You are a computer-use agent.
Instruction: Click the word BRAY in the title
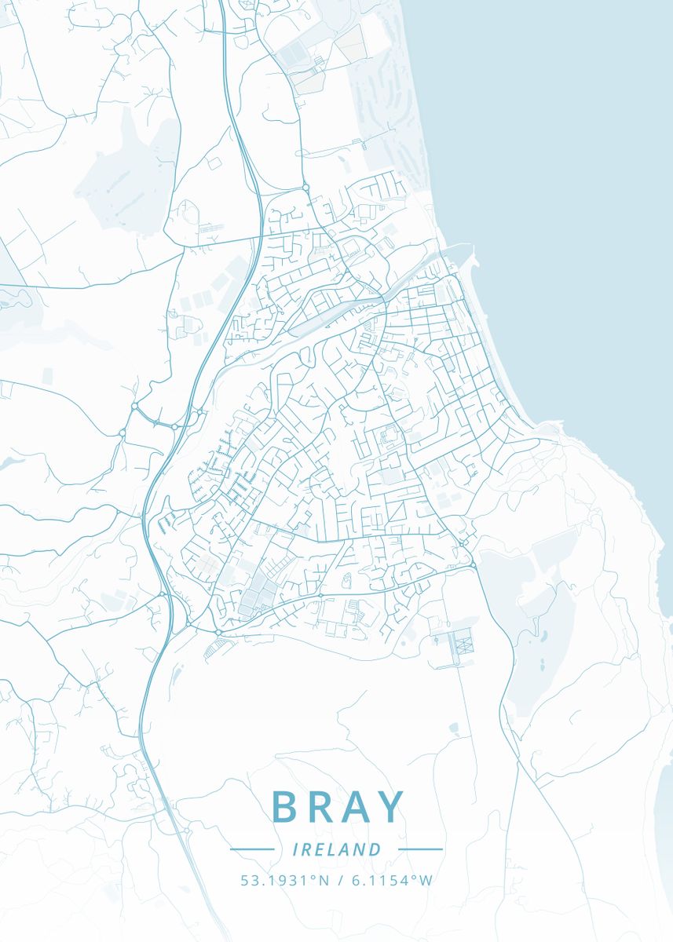(x=338, y=807)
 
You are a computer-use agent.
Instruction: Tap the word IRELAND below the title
(x=336, y=849)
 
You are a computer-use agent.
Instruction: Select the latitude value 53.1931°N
(x=285, y=880)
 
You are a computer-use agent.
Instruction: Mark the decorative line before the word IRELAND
(x=251, y=849)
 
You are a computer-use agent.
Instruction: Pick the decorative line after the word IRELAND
(x=421, y=849)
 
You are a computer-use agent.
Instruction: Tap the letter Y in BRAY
(x=390, y=807)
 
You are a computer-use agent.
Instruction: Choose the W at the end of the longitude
(x=426, y=880)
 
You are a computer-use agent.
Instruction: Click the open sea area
(x=565, y=196)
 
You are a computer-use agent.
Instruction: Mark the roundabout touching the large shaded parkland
(x=474, y=564)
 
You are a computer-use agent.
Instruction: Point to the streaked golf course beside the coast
(x=385, y=118)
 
